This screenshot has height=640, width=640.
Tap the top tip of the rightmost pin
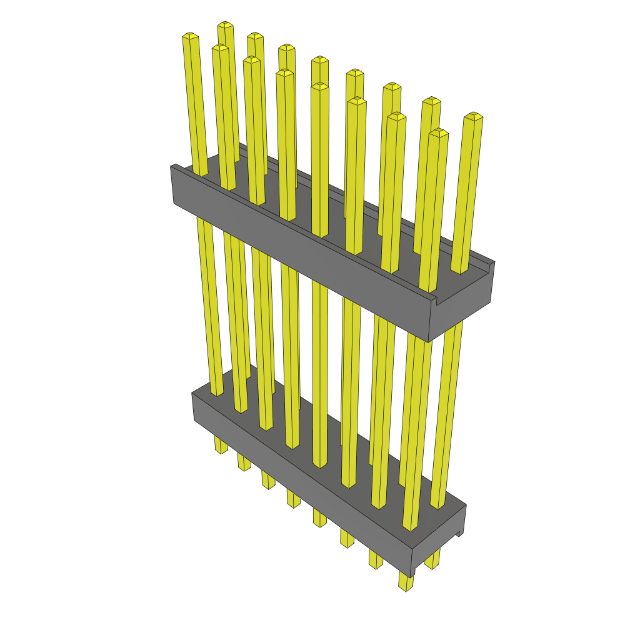coord(473,116)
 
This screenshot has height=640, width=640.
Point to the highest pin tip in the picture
coord(225,25)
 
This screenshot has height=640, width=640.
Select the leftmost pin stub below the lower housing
coord(221,445)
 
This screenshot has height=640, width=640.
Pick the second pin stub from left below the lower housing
coord(244,462)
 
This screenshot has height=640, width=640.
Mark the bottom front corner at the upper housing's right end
coord(429,341)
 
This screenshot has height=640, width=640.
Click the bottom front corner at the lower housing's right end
coord(412,576)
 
